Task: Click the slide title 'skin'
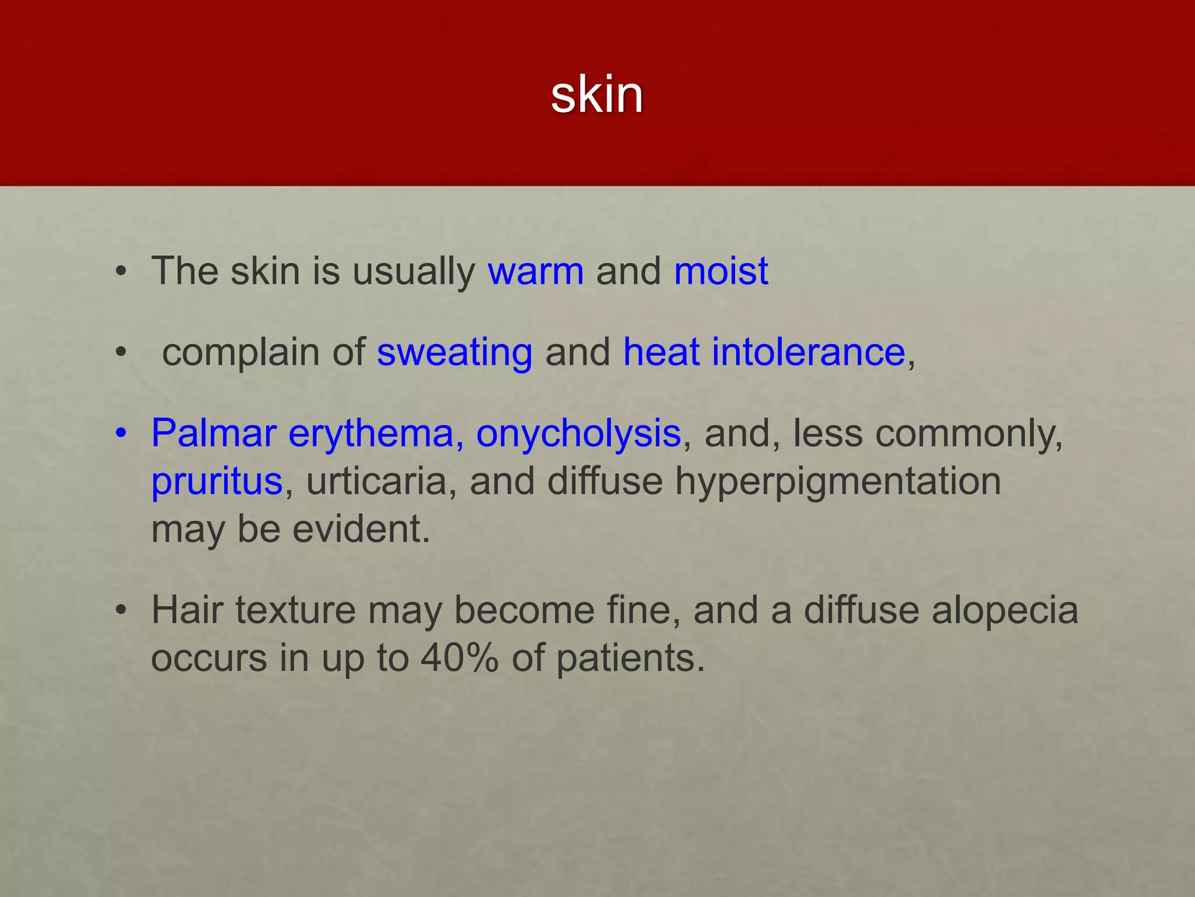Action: coord(596,95)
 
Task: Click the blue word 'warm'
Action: coord(535,272)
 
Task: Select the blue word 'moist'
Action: coord(721,272)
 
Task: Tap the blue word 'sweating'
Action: coord(455,353)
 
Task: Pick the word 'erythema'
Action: coord(372,434)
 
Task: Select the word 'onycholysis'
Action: coord(578,434)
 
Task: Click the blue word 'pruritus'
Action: coord(217,482)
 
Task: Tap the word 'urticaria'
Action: coord(376,482)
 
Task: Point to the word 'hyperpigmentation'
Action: coord(838,482)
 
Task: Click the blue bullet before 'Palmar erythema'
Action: coord(121,434)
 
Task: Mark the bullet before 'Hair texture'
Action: coord(121,611)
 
